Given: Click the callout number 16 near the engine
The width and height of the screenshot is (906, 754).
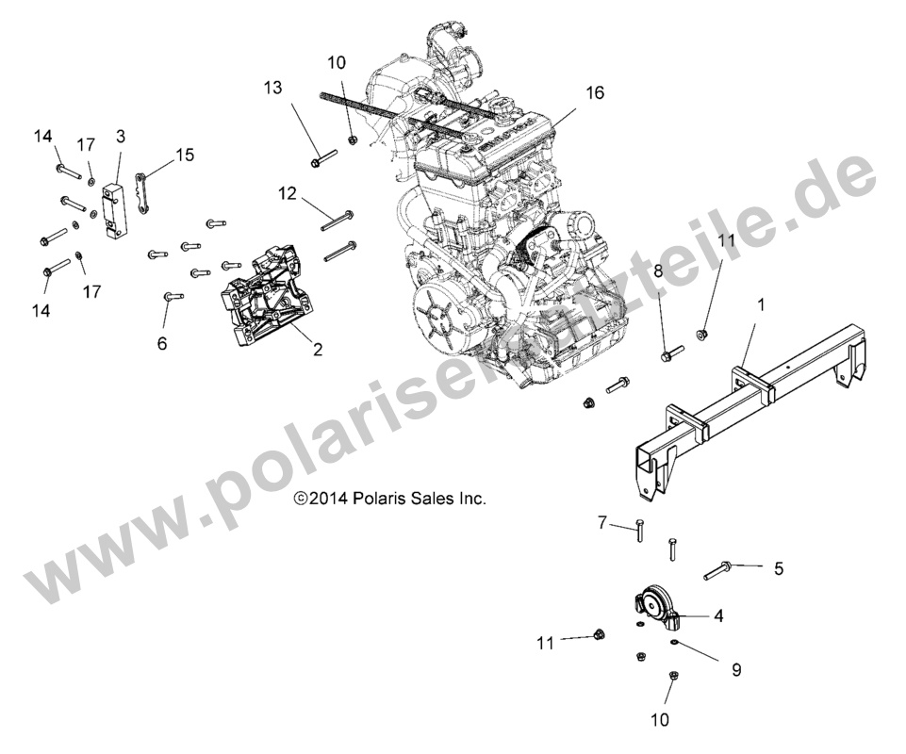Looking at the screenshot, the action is pos(594,93).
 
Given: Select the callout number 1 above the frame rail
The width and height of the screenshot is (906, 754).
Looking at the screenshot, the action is pos(762,305).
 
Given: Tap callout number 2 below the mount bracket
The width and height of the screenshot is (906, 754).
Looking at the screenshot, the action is pos(318,350).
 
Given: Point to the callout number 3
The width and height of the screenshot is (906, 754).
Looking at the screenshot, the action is pos(121,136).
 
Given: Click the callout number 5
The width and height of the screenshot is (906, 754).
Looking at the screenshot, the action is pos(779,568).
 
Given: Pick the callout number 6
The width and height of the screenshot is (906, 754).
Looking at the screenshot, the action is pos(161,345).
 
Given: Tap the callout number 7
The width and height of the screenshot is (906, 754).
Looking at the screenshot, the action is pos(601,522).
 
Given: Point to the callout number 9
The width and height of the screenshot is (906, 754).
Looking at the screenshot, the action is pos(736,670).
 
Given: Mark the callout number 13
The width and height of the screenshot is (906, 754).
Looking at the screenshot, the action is pos(272,88).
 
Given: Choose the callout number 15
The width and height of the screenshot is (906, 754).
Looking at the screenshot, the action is pos(184,154).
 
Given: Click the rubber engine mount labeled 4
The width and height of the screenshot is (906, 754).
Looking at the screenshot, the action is pos(652,607).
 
